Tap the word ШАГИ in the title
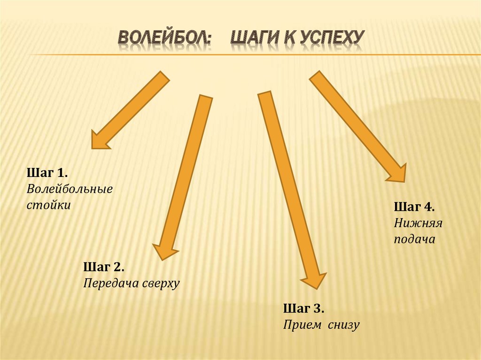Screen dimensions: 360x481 tap(256, 40)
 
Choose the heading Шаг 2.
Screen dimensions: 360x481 tap(104, 267)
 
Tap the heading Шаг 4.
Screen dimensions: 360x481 tap(414, 207)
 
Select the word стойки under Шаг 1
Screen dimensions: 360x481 tap(49, 205)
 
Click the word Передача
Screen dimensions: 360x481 tap(109, 283)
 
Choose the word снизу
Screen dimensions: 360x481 tap(343, 324)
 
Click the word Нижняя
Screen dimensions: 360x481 tap(418, 223)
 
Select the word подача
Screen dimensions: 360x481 tap(415, 239)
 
